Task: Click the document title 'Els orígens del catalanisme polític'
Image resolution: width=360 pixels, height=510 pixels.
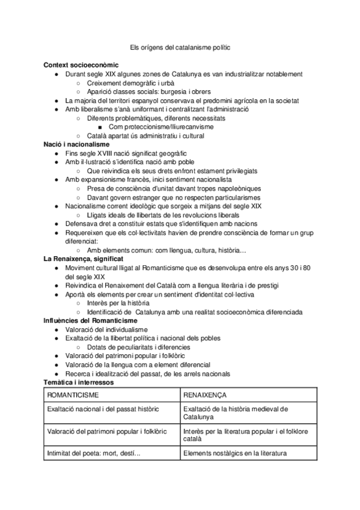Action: [x=180, y=46]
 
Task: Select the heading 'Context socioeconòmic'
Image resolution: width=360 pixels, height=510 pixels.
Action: [x=81, y=64]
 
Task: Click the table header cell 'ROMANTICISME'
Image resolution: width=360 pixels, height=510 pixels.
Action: [x=73, y=395]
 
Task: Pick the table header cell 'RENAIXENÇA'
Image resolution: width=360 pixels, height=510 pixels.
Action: [x=205, y=395]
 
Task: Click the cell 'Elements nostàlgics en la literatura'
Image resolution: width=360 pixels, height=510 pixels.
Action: [x=235, y=453]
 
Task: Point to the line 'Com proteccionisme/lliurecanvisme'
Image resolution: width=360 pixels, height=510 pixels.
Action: [x=164, y=127]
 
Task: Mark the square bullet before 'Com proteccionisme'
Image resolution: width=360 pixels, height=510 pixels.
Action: [x=101, y=127]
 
